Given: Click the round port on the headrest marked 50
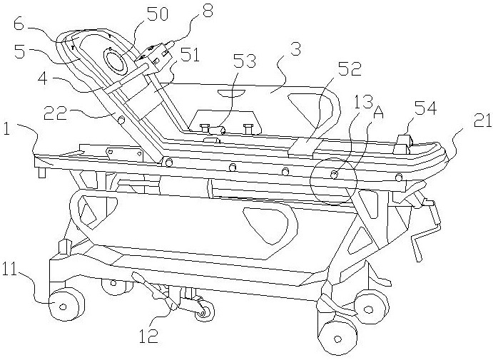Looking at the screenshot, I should pos(116,60).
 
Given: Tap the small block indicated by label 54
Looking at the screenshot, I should pos(402,139).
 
